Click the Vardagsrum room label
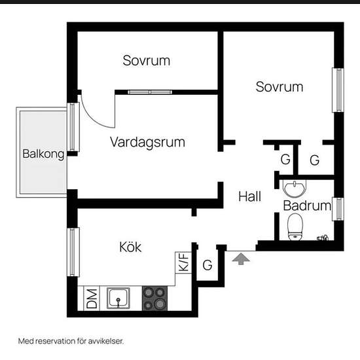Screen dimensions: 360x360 coord(147,142)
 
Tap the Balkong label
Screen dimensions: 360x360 coord(43,155)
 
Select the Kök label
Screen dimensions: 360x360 coord(130,247)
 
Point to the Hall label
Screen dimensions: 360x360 coord(250,196)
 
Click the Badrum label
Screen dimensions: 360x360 coord(307,206)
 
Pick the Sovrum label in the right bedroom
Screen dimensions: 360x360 coord(279,86)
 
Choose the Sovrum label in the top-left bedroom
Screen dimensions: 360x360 coord(147,61)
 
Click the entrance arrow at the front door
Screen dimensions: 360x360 coord(242,259)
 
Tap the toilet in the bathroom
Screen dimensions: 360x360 coord(297,227)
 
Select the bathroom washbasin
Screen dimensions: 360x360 coord(295,189)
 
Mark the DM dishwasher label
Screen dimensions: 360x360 coord(92,298)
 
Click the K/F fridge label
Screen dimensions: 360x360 coord(183,263)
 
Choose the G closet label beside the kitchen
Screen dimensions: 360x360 coord(207,266)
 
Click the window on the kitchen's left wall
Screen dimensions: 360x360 coord(74,251)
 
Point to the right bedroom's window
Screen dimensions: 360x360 coord(338,91)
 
